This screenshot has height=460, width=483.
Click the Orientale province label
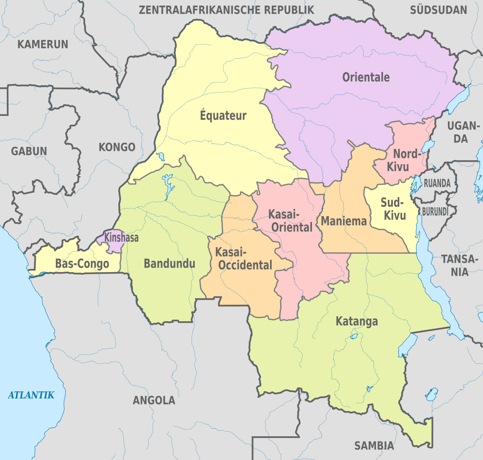coord(366,77)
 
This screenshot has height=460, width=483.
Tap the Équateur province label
coord(223,116)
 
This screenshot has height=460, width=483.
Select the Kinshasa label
coord(121,237)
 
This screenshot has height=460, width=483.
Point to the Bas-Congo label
coord(82,264)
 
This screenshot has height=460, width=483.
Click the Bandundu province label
coord(169,264)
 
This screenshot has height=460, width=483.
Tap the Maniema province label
coord(344,221)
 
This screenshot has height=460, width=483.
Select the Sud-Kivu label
coord(394,208)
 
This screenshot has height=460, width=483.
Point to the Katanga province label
coord(357,321)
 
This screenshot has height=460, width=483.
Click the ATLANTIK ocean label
coord(31,395)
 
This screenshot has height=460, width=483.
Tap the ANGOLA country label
coord(154,400)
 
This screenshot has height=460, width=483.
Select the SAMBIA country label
coord(374,446)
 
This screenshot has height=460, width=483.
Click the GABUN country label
coord(29,151)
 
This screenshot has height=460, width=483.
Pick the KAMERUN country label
coord(43,44)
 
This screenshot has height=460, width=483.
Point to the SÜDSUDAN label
coord(438,10)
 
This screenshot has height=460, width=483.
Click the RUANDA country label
coord(437,183)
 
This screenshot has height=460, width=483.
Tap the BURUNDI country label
coord(435,211)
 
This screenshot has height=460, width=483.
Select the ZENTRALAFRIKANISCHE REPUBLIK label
coord(226,10)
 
